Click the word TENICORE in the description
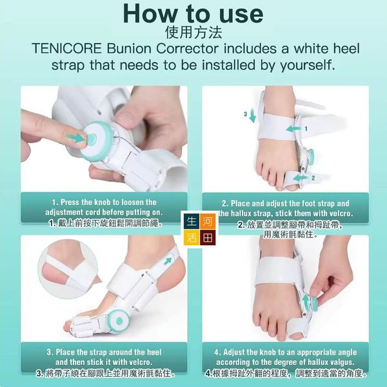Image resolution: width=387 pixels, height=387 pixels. click(66, 48)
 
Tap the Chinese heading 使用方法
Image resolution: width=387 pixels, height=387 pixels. click(193, 32)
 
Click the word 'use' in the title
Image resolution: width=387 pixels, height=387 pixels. click(241, 14)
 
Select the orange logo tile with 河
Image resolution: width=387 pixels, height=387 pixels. click(208, 221)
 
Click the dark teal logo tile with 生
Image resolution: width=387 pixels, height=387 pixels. click(192, 221)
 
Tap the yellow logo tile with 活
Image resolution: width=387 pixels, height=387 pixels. click(192, 237)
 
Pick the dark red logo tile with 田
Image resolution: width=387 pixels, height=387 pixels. click(208, 237)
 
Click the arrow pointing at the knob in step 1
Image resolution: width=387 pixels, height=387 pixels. click(75, 138)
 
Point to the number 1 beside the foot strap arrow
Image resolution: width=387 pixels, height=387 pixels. click(306, 128)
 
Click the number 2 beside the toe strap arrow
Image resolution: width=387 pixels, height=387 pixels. click(313, 178)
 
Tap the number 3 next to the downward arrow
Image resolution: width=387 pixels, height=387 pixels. click(245, 114)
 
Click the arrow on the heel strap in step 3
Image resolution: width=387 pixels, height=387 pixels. click(168, 261)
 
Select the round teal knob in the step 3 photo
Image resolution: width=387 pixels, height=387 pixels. click(119, 321)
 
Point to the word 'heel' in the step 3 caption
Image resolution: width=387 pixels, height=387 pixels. click(154, 352)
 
